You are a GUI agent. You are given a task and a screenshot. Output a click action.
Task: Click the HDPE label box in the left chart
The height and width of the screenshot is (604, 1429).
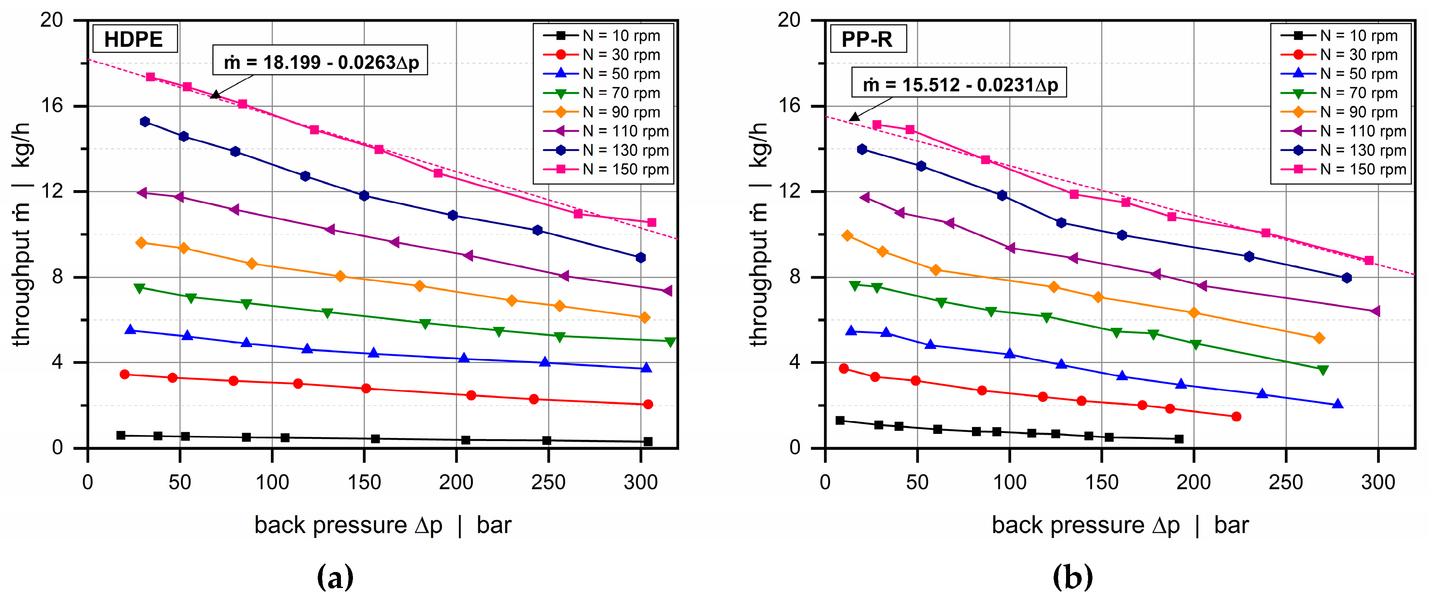[134, 39]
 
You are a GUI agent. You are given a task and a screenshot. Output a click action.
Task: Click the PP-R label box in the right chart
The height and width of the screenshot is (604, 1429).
[868, 39]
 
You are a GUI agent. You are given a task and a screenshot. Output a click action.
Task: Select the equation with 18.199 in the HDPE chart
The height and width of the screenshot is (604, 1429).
[320, 62]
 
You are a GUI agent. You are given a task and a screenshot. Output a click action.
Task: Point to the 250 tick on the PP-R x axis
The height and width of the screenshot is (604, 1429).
[1285, 482]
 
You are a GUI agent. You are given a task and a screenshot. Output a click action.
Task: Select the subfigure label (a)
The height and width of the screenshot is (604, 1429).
[335, 577]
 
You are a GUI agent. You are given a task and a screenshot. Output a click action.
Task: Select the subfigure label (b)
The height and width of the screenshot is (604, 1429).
[1072, 577]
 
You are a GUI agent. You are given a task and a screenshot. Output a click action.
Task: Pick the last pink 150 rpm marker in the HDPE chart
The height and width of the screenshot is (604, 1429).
[652, 223]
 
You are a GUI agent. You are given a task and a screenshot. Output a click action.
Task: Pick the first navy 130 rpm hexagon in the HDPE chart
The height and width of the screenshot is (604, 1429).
[145, 121]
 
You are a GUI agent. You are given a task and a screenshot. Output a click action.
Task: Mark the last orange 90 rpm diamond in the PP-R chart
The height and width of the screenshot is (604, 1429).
[1319, 338]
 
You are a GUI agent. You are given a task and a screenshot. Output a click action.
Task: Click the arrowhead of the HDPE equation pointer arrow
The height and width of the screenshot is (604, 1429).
[214, 95]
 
